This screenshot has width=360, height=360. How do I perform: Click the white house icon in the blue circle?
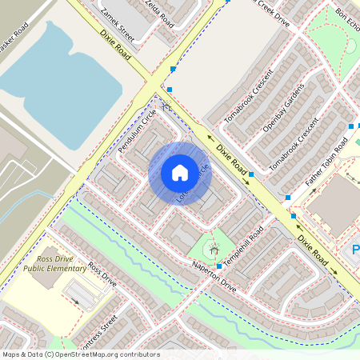tap(180, 173)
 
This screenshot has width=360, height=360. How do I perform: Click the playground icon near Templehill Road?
tap(214, 250)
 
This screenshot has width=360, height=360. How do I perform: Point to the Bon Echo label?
tap(348, 19)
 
